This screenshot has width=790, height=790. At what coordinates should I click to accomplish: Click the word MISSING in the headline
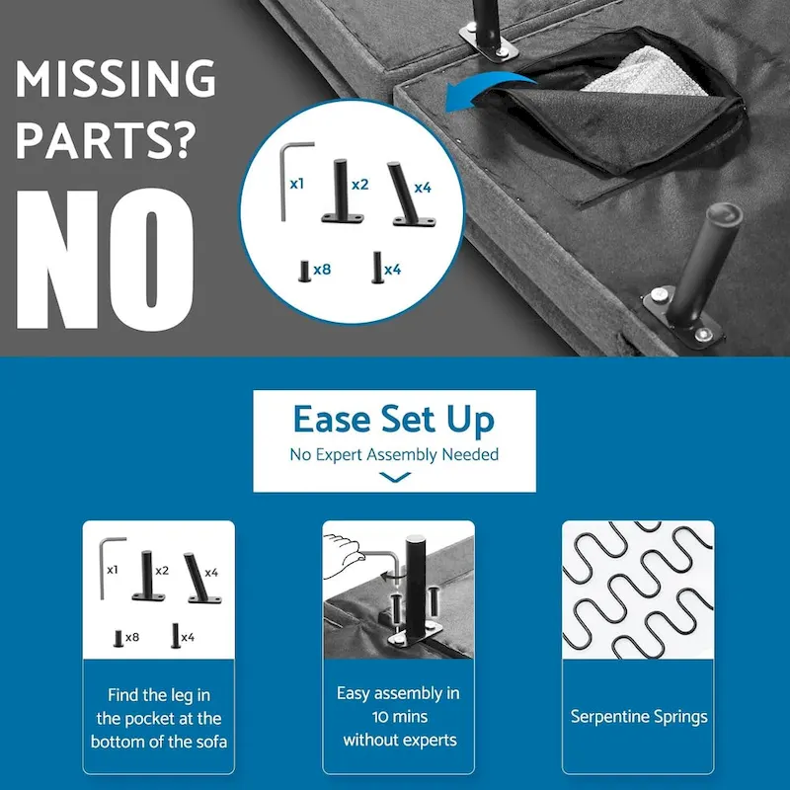coord(116,78)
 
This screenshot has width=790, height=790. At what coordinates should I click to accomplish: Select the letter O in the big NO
coord(151,260)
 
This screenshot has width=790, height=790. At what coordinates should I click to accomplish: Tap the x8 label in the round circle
coord(322,270)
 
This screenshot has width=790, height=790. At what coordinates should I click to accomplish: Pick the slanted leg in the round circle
coord(411,195)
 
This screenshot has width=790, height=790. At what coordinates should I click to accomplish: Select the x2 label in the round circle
coord(359,185)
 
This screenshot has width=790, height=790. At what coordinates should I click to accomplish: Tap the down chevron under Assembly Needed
coord(394,477)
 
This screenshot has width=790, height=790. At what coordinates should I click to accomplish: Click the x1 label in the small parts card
coord(113,570)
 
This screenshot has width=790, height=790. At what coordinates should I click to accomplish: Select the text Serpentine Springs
coord(639,717)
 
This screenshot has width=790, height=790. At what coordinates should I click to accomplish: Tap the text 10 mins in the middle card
coord(400,717)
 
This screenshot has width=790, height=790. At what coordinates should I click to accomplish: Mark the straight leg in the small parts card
coord(147,576)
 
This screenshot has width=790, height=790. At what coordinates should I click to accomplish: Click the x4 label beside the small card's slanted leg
coord(211,573)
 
